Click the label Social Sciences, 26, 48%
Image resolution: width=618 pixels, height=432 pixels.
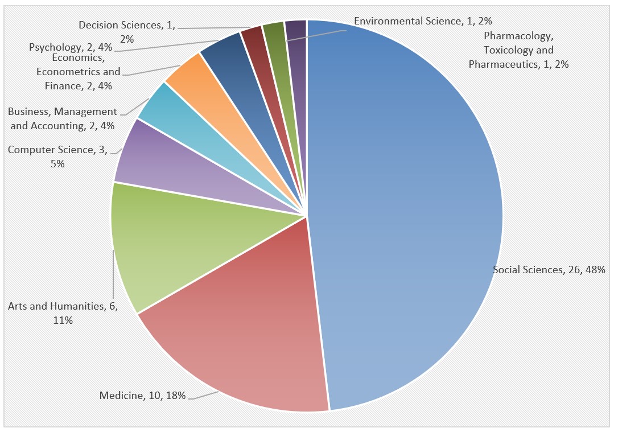[x=549, y=270]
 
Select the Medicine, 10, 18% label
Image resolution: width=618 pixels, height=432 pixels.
[x=143, y=396]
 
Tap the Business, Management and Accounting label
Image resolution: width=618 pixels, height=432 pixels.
[x=62, y=118]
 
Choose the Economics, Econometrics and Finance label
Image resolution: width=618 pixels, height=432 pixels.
[x=79, y=72]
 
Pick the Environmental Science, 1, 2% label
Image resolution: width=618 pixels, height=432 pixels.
[x=422, y=21]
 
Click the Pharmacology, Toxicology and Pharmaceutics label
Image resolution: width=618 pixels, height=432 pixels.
[x=518, y=50]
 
